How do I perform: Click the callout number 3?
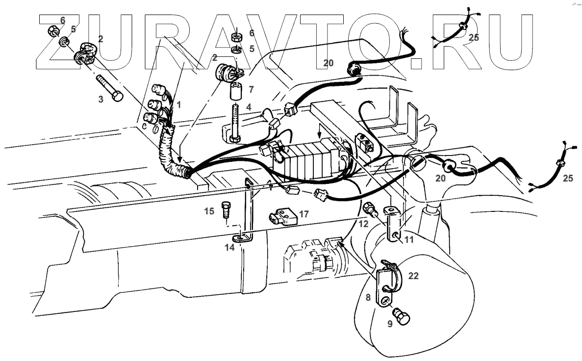point(101,99)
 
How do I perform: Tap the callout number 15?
point(209,211)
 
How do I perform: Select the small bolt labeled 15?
point(226,209)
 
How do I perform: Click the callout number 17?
point(304,214)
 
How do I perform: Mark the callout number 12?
point(363,224)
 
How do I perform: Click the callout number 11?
point(409,240)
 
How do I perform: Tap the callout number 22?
point(413,276)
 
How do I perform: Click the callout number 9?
point(390,324)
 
